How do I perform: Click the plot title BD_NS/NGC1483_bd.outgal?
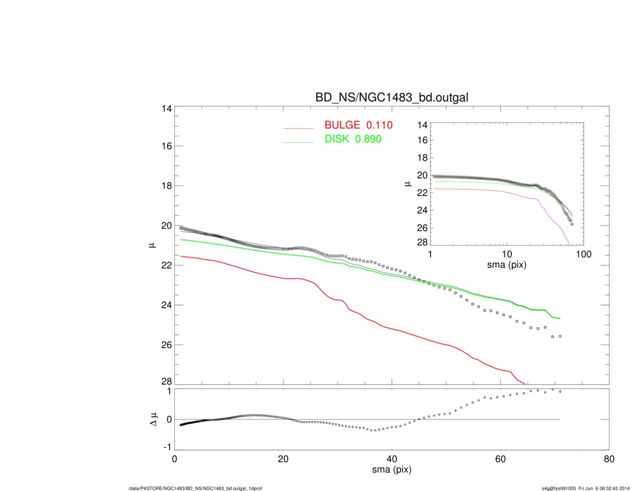[391, 98]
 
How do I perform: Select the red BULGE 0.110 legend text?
[358, 125]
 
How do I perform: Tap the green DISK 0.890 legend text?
[353, 139]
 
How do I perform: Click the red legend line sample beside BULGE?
[298, 128]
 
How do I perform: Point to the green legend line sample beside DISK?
[298, 142]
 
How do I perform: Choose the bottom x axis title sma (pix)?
[392, 471]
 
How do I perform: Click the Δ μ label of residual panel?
[153, 419]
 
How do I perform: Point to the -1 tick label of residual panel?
[167, 447]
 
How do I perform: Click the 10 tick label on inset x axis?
[507, 255]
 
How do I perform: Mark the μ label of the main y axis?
[152, 245]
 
